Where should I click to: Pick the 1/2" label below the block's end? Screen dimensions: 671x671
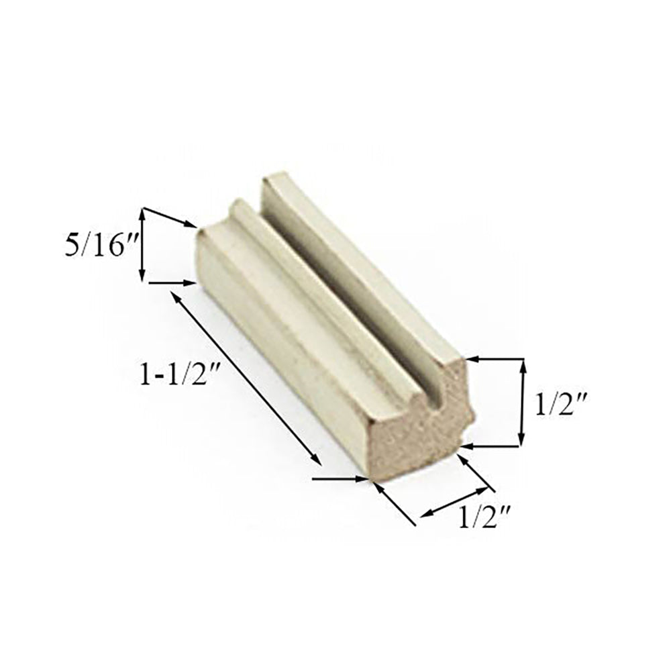[486, 517]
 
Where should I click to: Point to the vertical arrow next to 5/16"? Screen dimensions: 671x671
[142, 246]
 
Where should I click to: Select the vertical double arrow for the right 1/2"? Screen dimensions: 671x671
[522, 403]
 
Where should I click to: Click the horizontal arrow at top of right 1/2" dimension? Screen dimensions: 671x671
[493, 360]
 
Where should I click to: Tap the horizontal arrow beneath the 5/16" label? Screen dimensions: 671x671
[171, 283]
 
